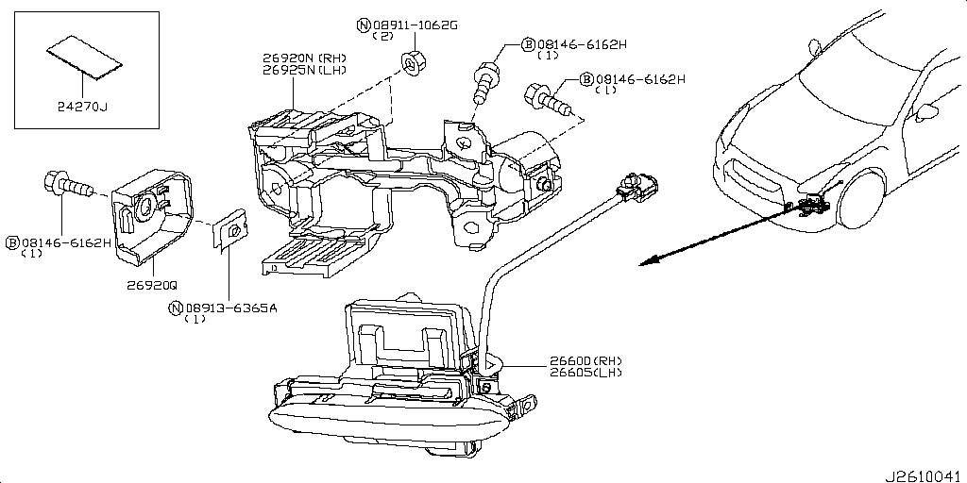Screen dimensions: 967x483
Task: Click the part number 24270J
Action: click(x=83, y=108)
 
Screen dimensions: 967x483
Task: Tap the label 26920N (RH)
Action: click(x=305, y=58)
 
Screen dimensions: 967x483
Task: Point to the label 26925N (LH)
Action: click(x=305, y=70)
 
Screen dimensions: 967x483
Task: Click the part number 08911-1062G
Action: click(x=415, y=25)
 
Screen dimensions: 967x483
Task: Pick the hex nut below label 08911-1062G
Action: click(x=412, y=60)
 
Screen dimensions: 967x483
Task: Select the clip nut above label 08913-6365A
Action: click(x=230, y=232)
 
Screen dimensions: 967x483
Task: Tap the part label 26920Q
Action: click(x=152, y=285)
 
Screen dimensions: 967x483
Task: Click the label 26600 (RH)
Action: click(x=585, y=361)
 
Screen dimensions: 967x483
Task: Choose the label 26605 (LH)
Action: click(x=585, y=373)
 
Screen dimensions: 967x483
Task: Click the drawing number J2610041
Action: click(x=925, y=476)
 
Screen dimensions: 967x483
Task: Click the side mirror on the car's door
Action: click(x=927, y=111)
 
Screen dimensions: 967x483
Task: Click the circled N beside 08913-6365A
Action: click(x=177, y=308)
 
